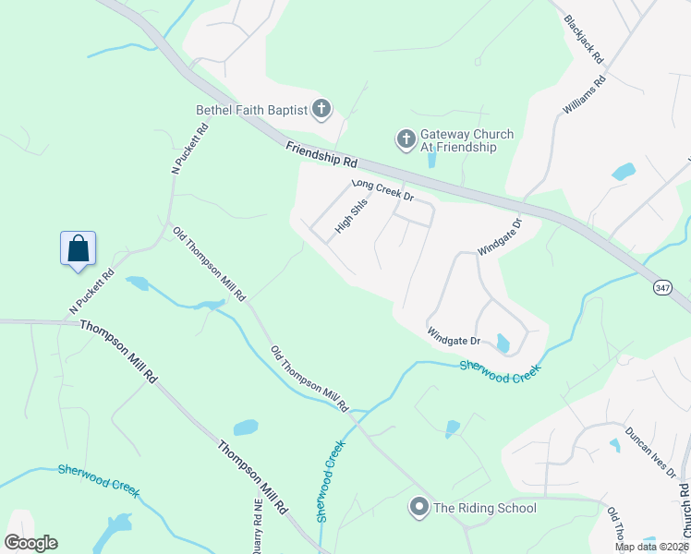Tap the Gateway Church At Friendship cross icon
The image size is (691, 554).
pyautogui.click(x=406, y=140)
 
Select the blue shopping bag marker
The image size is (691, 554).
pyautogui.click(x=79, y=248)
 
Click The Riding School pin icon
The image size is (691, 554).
pyautogui.click(x=419, y=507)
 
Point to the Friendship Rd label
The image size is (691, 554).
pyautogui.click(x=321, y=154)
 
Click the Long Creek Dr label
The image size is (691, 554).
pyautogui.click(x=381, y=190)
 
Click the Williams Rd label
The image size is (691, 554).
pyautogui.click(x=584, y=95)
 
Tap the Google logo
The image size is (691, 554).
pyautogui.click(x=30, y=543)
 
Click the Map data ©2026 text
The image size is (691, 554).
pyautogui.click(x=651, y=547)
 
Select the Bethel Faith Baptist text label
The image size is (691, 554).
pyautogui.click(x=251, y=111)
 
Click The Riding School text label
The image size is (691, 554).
pyautogui.click(x=484, y=507)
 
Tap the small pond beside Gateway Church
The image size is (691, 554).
pyautogui.click(x=431, y=160)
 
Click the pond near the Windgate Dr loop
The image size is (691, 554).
pyautogui.click(x=503, y=343)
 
